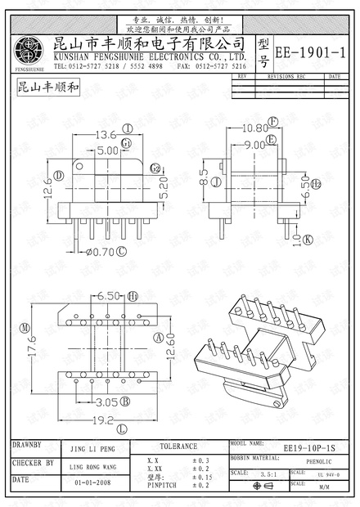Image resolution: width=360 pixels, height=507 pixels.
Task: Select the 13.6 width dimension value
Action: [x=107, y=134]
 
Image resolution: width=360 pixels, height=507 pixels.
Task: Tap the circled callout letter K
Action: [x=308, y=240]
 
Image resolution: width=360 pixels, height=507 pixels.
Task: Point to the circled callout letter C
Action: [x=122, y=252]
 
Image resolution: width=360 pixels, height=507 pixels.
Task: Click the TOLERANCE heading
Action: [x=178, y=446]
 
